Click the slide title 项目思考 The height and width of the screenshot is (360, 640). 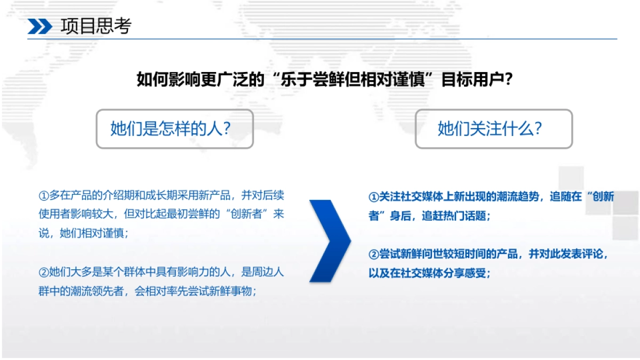pyautogui.click(x=96, y=26)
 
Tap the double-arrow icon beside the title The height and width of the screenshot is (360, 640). pyautogui.click(x=40, y=27)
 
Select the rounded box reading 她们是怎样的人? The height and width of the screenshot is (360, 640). pyautogui.click(x=174, y=129)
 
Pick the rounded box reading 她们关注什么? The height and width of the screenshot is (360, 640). pyautogui.click(x=494, y=129)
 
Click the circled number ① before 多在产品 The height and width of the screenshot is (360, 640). pyautogui.click(x=44, y=196)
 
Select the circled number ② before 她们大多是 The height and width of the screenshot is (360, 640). pyautogui.click(x=44, y=272)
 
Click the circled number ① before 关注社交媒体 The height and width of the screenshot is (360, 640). pyautogui.click(x=373, y=197)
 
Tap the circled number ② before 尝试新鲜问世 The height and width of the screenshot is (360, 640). pyautogui.click(x=373, y=254)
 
